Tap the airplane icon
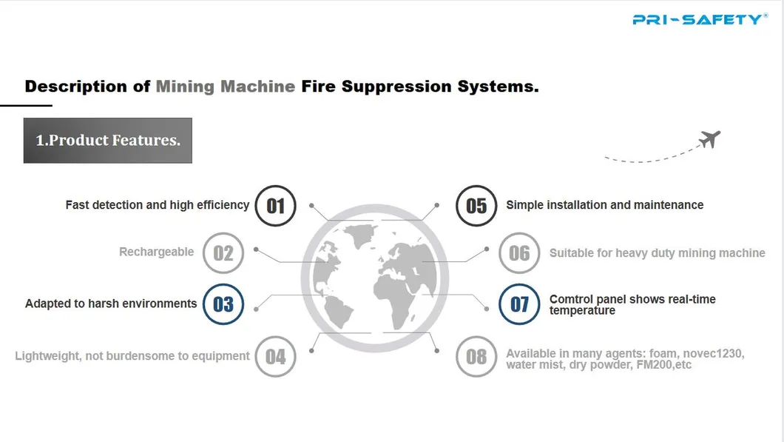[709, 138]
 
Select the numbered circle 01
[275, 205]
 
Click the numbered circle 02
[223, 253]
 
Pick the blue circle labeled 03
[223, 304]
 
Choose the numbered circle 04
[275, 356]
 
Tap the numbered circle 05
[476, 205]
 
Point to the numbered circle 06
[519, 253]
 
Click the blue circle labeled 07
[519, 304]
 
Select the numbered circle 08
[476, 356]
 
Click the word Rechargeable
[156, 252]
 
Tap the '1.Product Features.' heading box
[108, 140]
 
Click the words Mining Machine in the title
[225, 87]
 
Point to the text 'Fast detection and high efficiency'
[157, 205]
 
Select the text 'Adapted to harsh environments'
[111, 304]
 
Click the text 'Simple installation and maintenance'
[604, 205]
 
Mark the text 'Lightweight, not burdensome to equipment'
[132, 356]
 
